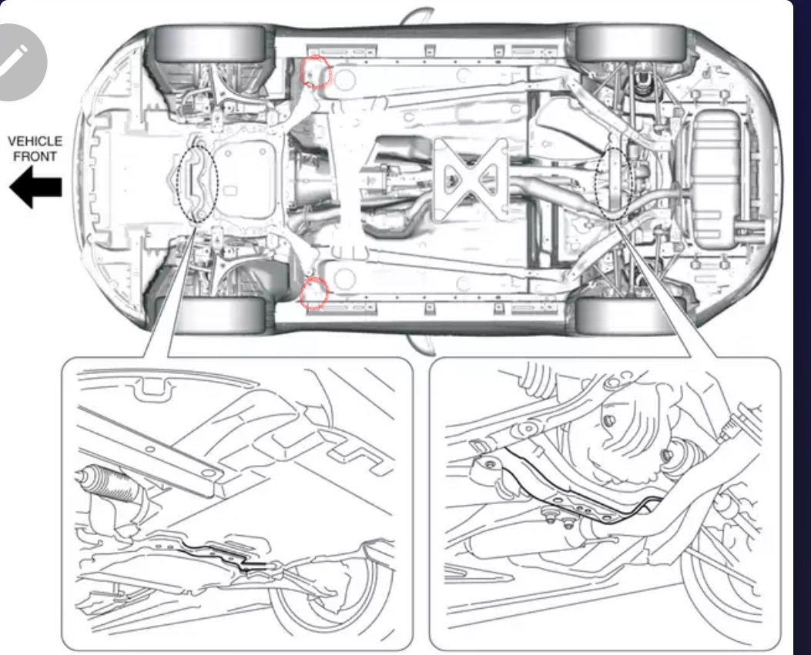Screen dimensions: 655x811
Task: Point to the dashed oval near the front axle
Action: click(197, 183)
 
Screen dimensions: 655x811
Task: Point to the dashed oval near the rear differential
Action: click(615, 182)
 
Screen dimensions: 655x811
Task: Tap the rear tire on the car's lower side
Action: click(630, 316)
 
